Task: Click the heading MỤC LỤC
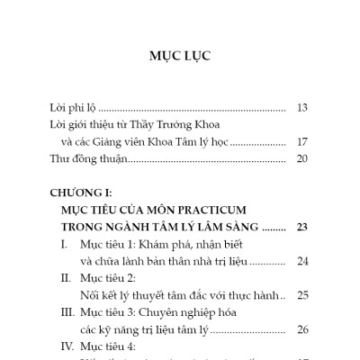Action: point(181,56)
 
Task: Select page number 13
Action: point(302,106)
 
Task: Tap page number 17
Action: point(302,141)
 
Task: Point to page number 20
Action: point(302,158)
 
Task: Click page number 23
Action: point(302,226)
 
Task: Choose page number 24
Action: point(302,261)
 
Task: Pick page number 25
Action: point(302,294)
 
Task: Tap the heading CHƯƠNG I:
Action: point(87,192)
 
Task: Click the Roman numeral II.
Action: point(64,278)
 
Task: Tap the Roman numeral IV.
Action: point(66,346)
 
